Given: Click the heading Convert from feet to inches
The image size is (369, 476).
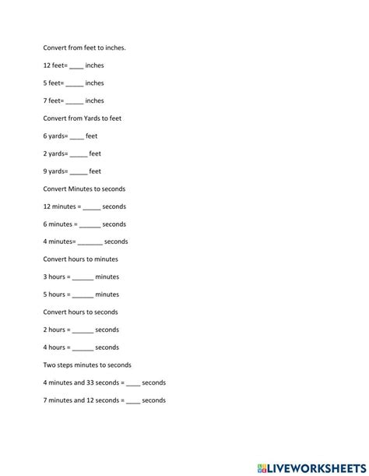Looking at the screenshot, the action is [84, 48].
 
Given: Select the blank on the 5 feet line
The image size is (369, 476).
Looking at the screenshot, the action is [74, 83].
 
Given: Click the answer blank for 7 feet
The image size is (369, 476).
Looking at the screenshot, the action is [74, 101].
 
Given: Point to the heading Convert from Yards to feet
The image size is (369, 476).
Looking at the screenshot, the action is [82, 118].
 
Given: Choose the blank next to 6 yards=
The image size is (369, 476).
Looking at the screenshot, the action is [76, 136].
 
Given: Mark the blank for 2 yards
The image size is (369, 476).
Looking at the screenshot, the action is [79, 154].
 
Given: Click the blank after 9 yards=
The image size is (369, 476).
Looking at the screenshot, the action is [79, 171].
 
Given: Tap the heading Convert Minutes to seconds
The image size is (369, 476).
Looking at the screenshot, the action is [84, 189].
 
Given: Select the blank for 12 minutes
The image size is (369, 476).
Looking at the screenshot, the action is [91, 207].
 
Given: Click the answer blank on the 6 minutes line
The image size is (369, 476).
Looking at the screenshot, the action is [90, 224].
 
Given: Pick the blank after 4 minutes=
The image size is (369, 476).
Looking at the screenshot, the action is [90, 242].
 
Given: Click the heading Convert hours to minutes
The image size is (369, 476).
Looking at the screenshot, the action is [80, 259].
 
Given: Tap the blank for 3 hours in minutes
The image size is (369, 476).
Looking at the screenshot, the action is [83, 277].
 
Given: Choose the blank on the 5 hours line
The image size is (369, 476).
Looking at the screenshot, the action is [83, 295].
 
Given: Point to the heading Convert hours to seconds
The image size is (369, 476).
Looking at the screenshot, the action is [80, 312].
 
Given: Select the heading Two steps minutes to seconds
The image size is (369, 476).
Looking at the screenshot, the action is [87, 365].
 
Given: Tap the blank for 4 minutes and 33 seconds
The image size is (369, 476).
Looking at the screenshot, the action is [132, 383].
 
